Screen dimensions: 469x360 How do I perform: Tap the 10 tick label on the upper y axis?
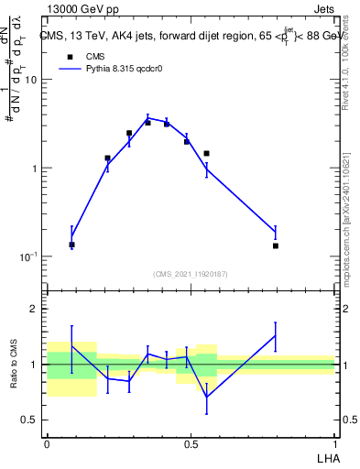[31, 80]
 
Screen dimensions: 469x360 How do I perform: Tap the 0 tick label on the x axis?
[47, 442]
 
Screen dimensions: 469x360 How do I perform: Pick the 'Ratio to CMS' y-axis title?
[16, 364]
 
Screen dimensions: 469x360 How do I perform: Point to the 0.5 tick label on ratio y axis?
[32, 420]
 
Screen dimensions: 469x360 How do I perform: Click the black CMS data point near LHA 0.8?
[275, 245]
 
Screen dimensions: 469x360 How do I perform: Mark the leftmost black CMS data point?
[71, 245]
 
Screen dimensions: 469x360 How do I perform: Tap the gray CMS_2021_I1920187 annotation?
[191, 274]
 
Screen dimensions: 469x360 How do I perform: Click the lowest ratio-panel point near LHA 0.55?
[207, 397]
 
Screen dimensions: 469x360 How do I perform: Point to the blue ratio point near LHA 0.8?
[275, 336]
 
